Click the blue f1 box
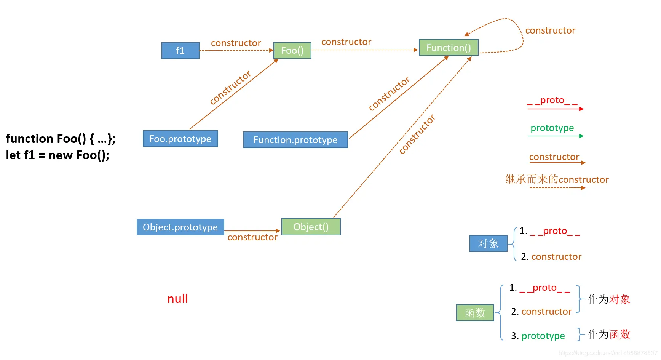pos(180,51)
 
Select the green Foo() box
pos(292,50)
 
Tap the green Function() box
pos(448,48)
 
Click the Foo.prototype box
pos(180,139)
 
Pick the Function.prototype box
pos(295,140)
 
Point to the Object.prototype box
pos(180,227)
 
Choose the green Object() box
pos(311,227)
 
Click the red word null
pos(177,299)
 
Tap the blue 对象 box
pos(488,243)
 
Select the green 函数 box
pos(475,313)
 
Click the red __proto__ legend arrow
pos(555,109)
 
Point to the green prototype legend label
pos(552,128)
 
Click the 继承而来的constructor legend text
pos(556,179)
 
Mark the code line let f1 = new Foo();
pos(57,155)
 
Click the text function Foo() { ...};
pos(61,139)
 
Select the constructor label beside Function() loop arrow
pos(550,30)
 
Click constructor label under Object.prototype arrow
pos(252,237)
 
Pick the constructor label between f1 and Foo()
pos(236,43)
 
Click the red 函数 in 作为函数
pos(619,334)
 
